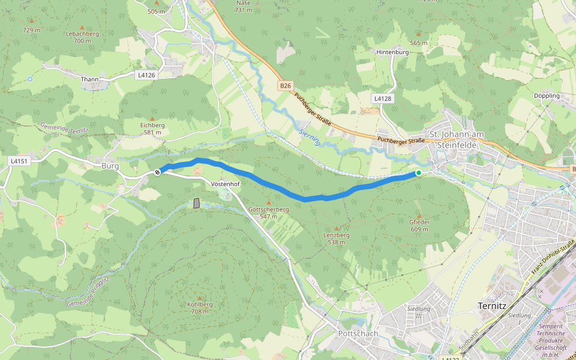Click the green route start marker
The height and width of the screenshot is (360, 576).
(x=418, y=173)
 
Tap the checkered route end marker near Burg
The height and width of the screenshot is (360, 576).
(x=158, y=172)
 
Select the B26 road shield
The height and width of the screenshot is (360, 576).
(x=285, y=86)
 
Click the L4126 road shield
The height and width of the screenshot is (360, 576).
(x=146, y=75)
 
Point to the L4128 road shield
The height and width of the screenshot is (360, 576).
(x=382, y=98)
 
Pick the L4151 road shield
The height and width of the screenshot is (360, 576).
(x=20, y=161)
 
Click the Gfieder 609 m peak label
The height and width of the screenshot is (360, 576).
(x=419, y=225)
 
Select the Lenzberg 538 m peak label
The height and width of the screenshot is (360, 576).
(x=336, y=238)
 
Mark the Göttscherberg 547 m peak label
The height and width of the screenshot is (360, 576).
(x=268, y=212)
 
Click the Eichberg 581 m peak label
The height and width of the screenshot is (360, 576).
(x=152, y=128)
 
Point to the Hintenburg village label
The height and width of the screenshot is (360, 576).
(x=392, y=52)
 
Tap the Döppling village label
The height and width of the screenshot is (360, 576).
(x=547, y=95)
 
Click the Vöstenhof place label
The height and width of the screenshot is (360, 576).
(x=226, y=183)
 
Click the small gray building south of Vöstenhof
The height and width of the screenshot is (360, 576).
(x=197, y=203)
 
